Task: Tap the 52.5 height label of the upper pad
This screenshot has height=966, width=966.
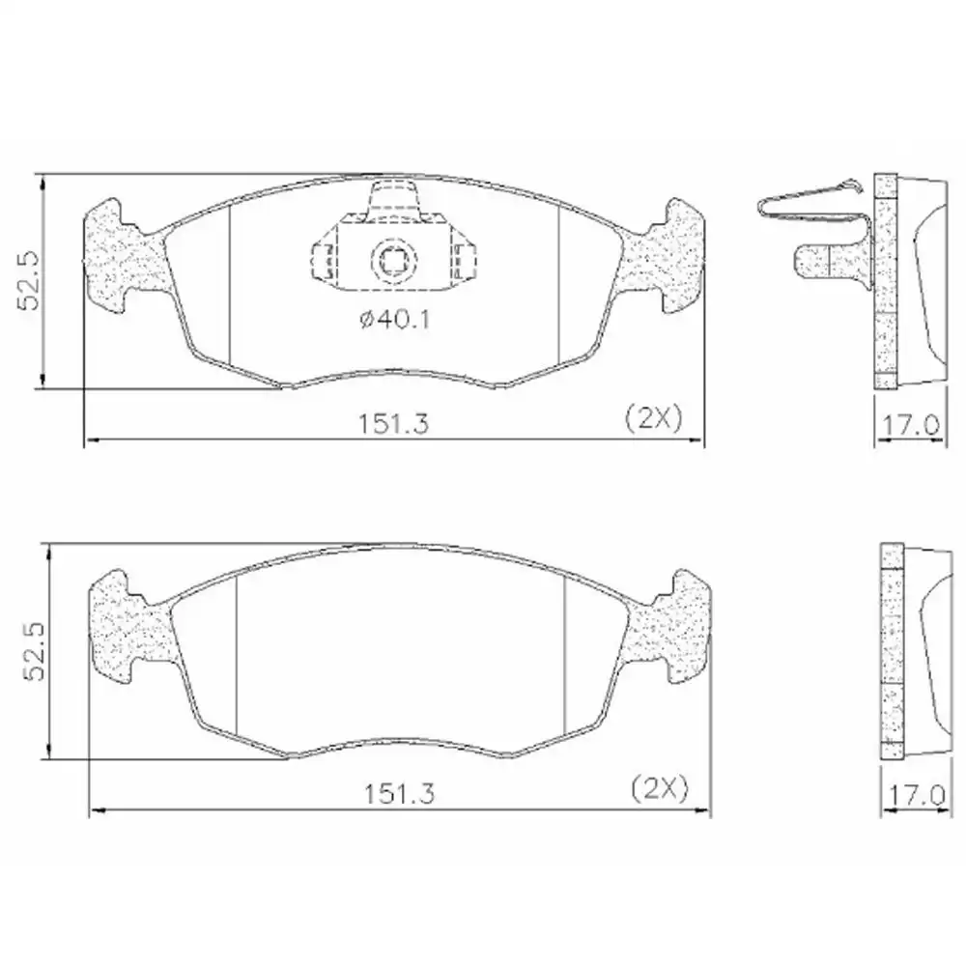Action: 28,281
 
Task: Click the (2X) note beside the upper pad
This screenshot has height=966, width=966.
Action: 654,417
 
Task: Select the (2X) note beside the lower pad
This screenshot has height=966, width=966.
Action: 658,789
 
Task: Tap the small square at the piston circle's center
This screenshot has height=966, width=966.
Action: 393,259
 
